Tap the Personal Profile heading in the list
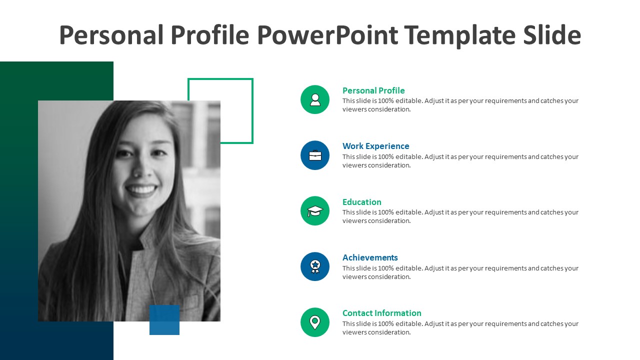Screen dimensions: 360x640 [x=373, y=90]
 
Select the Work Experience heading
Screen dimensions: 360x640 [x=375, y=146]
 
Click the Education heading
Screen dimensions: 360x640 [x=361, y=202]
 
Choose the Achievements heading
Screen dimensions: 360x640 [x=370, y=257]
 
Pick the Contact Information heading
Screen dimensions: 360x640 [x=381, y=313]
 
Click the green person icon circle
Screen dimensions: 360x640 [x=315, y=99]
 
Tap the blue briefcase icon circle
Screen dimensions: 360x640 [x=315, y=155]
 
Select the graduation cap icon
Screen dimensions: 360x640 [x=315, y=211]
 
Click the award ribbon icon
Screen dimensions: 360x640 [x=315, y=266]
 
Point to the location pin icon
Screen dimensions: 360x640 [x=315, y=322]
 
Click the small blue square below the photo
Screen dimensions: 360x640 [x=164, y=320]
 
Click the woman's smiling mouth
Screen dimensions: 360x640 [x=141, y=190]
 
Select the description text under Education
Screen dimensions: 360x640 [x=460, y=216]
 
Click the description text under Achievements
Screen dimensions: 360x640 [x=460, y=272]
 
